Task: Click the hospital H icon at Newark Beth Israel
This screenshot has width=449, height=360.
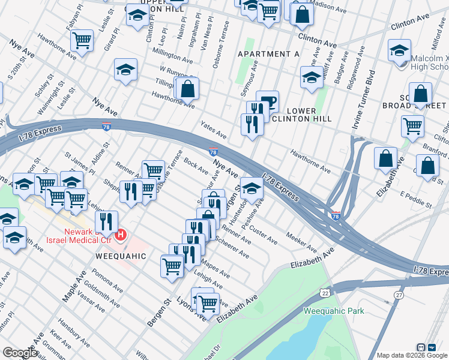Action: click(x=121, y=234)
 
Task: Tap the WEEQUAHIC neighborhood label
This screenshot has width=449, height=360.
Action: click(x=121, y=256)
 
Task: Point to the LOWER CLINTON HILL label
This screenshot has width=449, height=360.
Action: click(x=309, y=115)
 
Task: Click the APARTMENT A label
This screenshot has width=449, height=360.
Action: click(x=268, y=54)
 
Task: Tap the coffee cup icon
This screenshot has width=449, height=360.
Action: click(x=268, y=101)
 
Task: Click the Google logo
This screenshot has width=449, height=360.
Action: click(x=19, y=353)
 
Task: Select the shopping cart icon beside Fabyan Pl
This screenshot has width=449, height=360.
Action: click(x=82, y=41)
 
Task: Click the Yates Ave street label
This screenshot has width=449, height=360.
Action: click(x=213, y=131)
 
